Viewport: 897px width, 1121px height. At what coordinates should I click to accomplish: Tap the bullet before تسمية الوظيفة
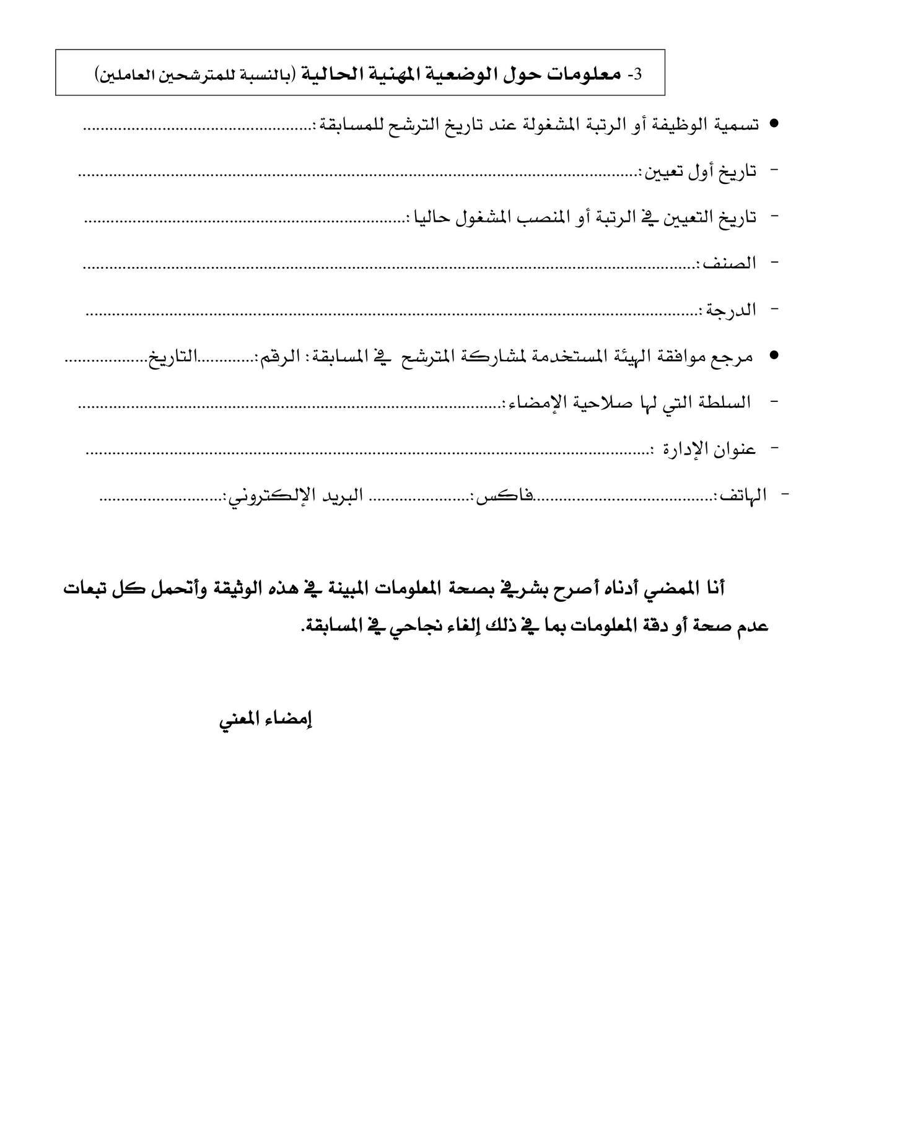coord(773,124)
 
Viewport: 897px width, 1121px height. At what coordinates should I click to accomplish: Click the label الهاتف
coord(742,495)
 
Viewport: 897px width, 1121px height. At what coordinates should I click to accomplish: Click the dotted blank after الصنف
coord(390,267)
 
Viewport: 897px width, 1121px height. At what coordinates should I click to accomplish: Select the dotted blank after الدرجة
coord(390,313)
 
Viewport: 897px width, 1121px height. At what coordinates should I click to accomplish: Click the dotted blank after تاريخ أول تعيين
coord(359,175)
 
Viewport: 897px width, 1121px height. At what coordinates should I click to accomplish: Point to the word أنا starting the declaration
coord(714,587)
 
